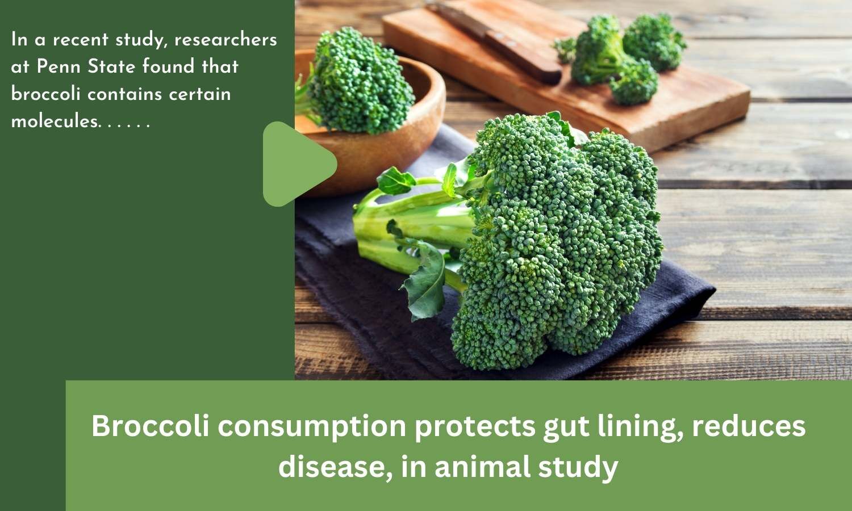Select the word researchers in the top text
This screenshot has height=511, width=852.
225,40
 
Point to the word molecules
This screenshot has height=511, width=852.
56,122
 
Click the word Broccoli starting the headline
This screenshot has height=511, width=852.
151,426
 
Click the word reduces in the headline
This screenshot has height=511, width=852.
749,426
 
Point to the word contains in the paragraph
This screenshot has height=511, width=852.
125,94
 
